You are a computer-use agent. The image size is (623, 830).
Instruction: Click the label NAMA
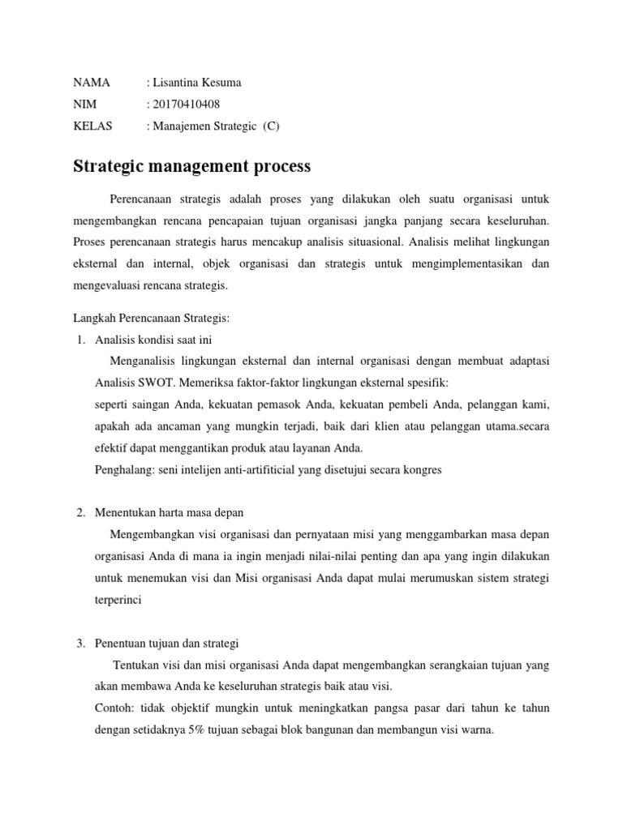(91, 83)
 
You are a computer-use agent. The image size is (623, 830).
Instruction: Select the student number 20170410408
(186, 104)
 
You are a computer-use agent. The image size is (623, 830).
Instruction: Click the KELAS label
(93, 126)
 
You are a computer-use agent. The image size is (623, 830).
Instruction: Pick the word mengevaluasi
(110, 285)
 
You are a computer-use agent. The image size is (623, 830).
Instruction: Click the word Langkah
(92, 319)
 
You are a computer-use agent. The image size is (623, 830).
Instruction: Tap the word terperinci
(118, 601)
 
